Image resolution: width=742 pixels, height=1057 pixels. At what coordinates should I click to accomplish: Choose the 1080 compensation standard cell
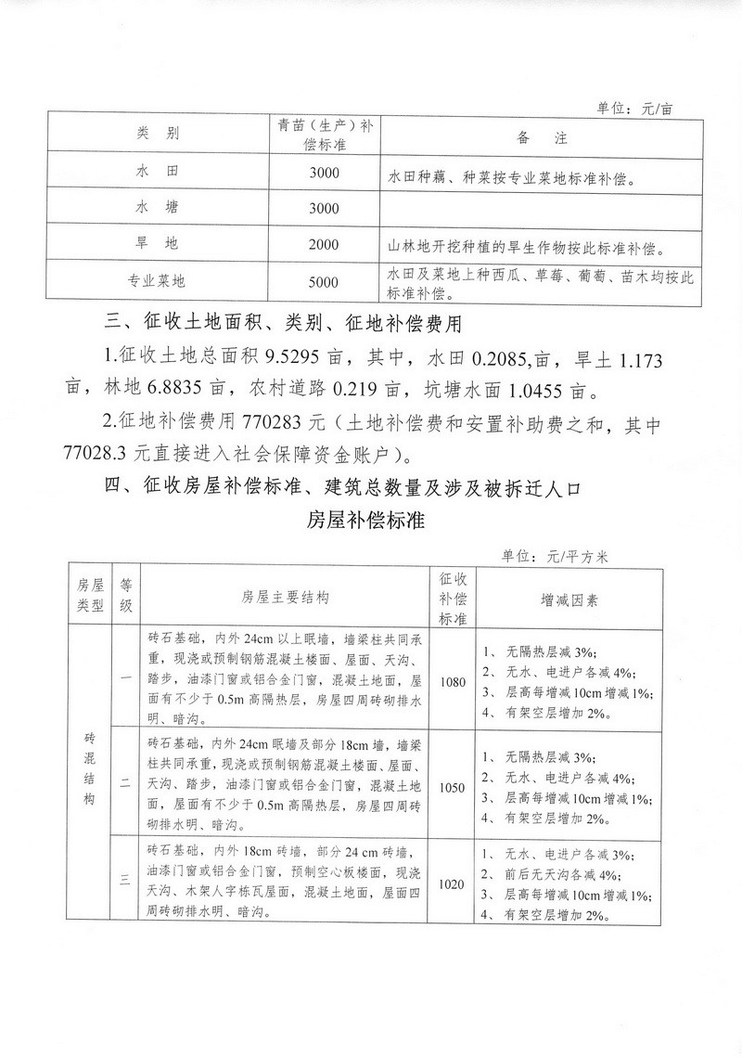point(454,681)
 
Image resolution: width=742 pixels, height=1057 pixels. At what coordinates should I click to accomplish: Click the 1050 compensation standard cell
point(454,787)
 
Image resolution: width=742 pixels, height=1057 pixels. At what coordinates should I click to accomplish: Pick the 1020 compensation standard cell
point(454,884)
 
